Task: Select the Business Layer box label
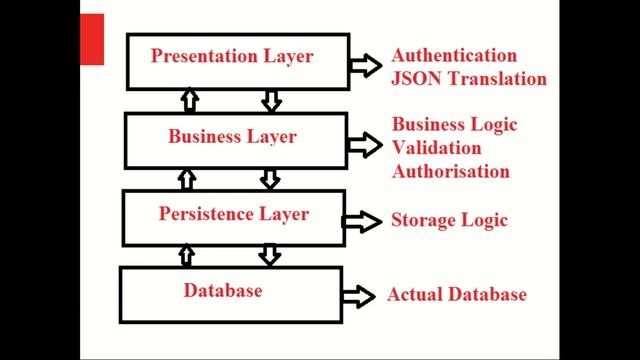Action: pyautogui.click(x=232, y=137)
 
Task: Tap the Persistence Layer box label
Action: pyautogui.click(x=234, y=214)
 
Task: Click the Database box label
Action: pyautogui.click(x=223, y=291)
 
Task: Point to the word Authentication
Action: pyautogui.click(x=454, y=56)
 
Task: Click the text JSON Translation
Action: pyautogui.click(x=469, y=78)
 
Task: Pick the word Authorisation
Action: pyautogui.click(x=451, y=170)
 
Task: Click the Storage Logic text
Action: pyautogui.click(x=450, y=220)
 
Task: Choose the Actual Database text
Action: pyautogui.click(x=456, y=295)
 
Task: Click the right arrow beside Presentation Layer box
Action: pyautogui.click(x=365, y=66)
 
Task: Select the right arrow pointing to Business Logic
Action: pyautogui.click(x=365, y=146)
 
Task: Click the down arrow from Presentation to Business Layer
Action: pyautogui.click(x=270, y=100)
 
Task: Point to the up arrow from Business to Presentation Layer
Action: pyautogui.click(x=186, y=100)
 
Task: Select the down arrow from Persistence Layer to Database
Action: pyautogui.click(x=269, y=255)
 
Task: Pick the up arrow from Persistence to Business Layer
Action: pyautogui.click(x=186, y=179)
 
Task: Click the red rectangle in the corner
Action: pyautogui.click(x=92, y=41)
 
